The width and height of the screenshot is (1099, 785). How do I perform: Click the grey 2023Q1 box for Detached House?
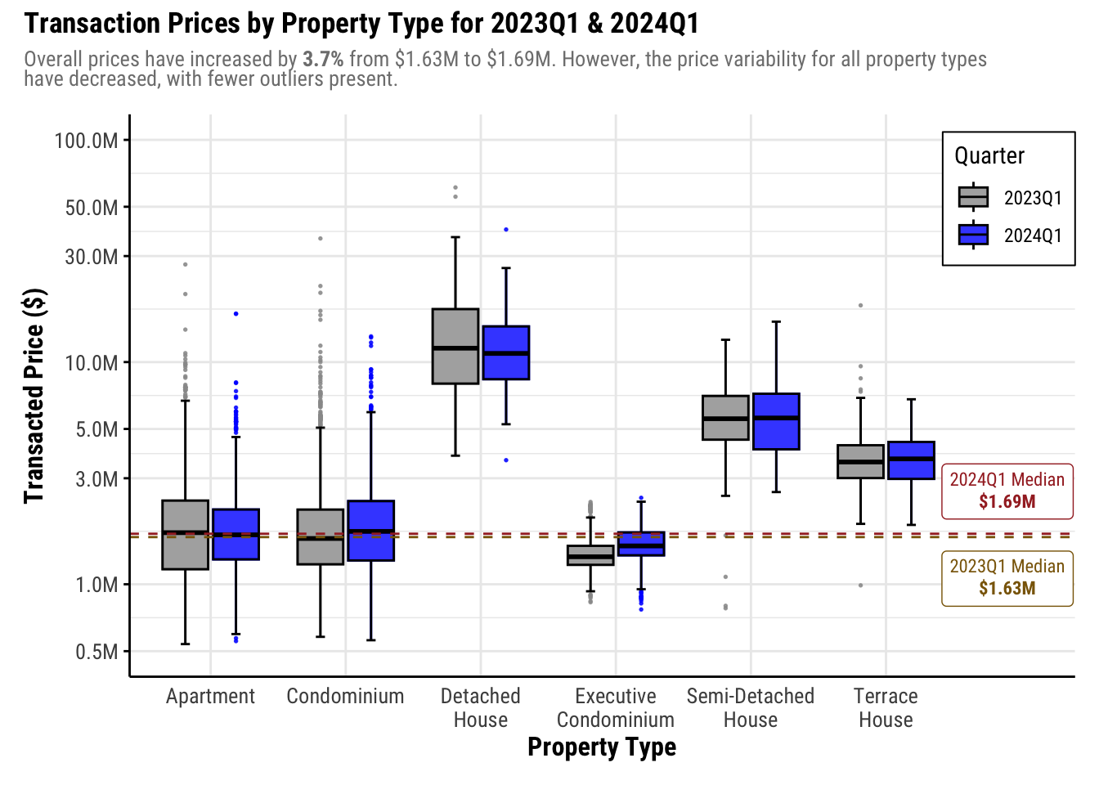[x=455, y=346]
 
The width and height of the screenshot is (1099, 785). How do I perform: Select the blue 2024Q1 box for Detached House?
[x=506, y=352]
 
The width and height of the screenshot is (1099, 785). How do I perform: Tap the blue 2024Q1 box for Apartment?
[x=235, y=534]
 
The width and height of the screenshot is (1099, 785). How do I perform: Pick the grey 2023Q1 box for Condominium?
[x=320, y=536]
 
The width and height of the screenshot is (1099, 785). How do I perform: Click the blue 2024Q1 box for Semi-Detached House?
[x=776, y=421]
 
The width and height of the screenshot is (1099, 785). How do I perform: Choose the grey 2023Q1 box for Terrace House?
[x=860, y=461]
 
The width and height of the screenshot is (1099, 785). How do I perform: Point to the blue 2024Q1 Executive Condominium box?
[x=641, y=544]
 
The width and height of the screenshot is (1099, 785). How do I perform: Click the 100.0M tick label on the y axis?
[x=86, y=141]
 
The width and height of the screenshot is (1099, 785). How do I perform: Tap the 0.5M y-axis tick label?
[x=96, y=652]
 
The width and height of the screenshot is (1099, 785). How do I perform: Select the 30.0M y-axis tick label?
[x=92, y=257]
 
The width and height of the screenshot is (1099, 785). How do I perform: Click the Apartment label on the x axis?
[x=210, y=697]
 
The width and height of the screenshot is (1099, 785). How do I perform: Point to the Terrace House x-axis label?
[x=886, y=708]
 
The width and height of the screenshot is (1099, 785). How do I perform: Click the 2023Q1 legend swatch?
[x=973, y=198]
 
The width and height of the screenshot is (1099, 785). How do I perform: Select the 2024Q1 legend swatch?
[x=973, y=235]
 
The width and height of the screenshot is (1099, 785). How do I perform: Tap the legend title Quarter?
[x=989, y=155]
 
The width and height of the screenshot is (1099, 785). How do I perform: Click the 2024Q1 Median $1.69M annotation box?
[x=1007, y=491]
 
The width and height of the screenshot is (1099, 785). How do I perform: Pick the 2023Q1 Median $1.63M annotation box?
[x=1007, y=577]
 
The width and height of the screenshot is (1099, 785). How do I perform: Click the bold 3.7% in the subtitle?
[x=323, y=60]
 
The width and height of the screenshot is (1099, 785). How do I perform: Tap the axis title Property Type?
[x=602, y=747]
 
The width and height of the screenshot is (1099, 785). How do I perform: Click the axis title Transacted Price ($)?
[x=34, y=396]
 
